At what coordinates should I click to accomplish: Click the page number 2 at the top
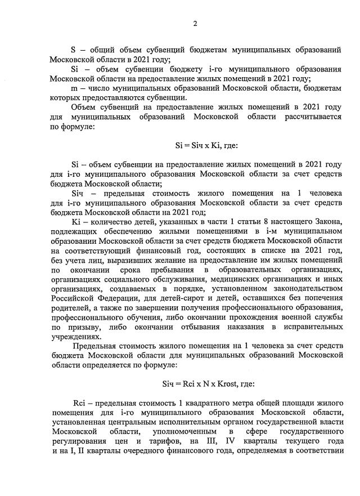(195, 23)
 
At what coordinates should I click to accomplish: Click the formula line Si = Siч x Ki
(206, 145)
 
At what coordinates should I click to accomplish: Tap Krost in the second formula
(227, 384)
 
